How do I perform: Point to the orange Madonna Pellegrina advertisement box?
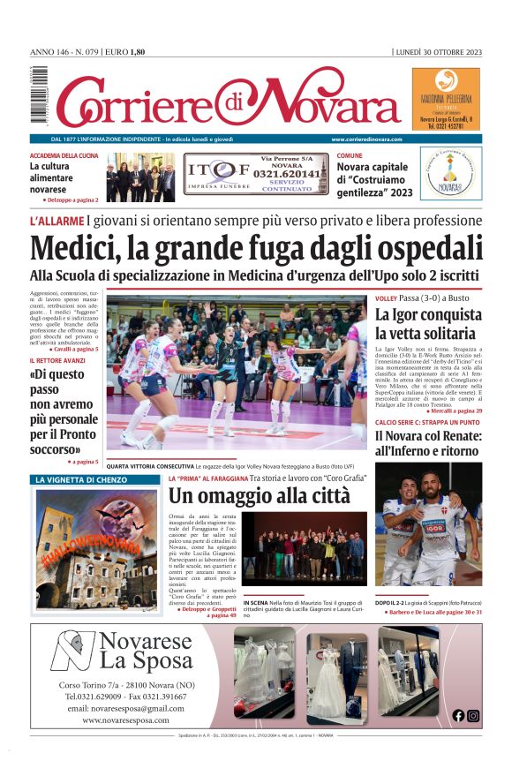pos(446,99)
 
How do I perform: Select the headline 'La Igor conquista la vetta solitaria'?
pos(426,324)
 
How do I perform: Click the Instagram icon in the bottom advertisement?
pos(473,716)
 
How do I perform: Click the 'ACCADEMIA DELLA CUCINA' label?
pos(64,155)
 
